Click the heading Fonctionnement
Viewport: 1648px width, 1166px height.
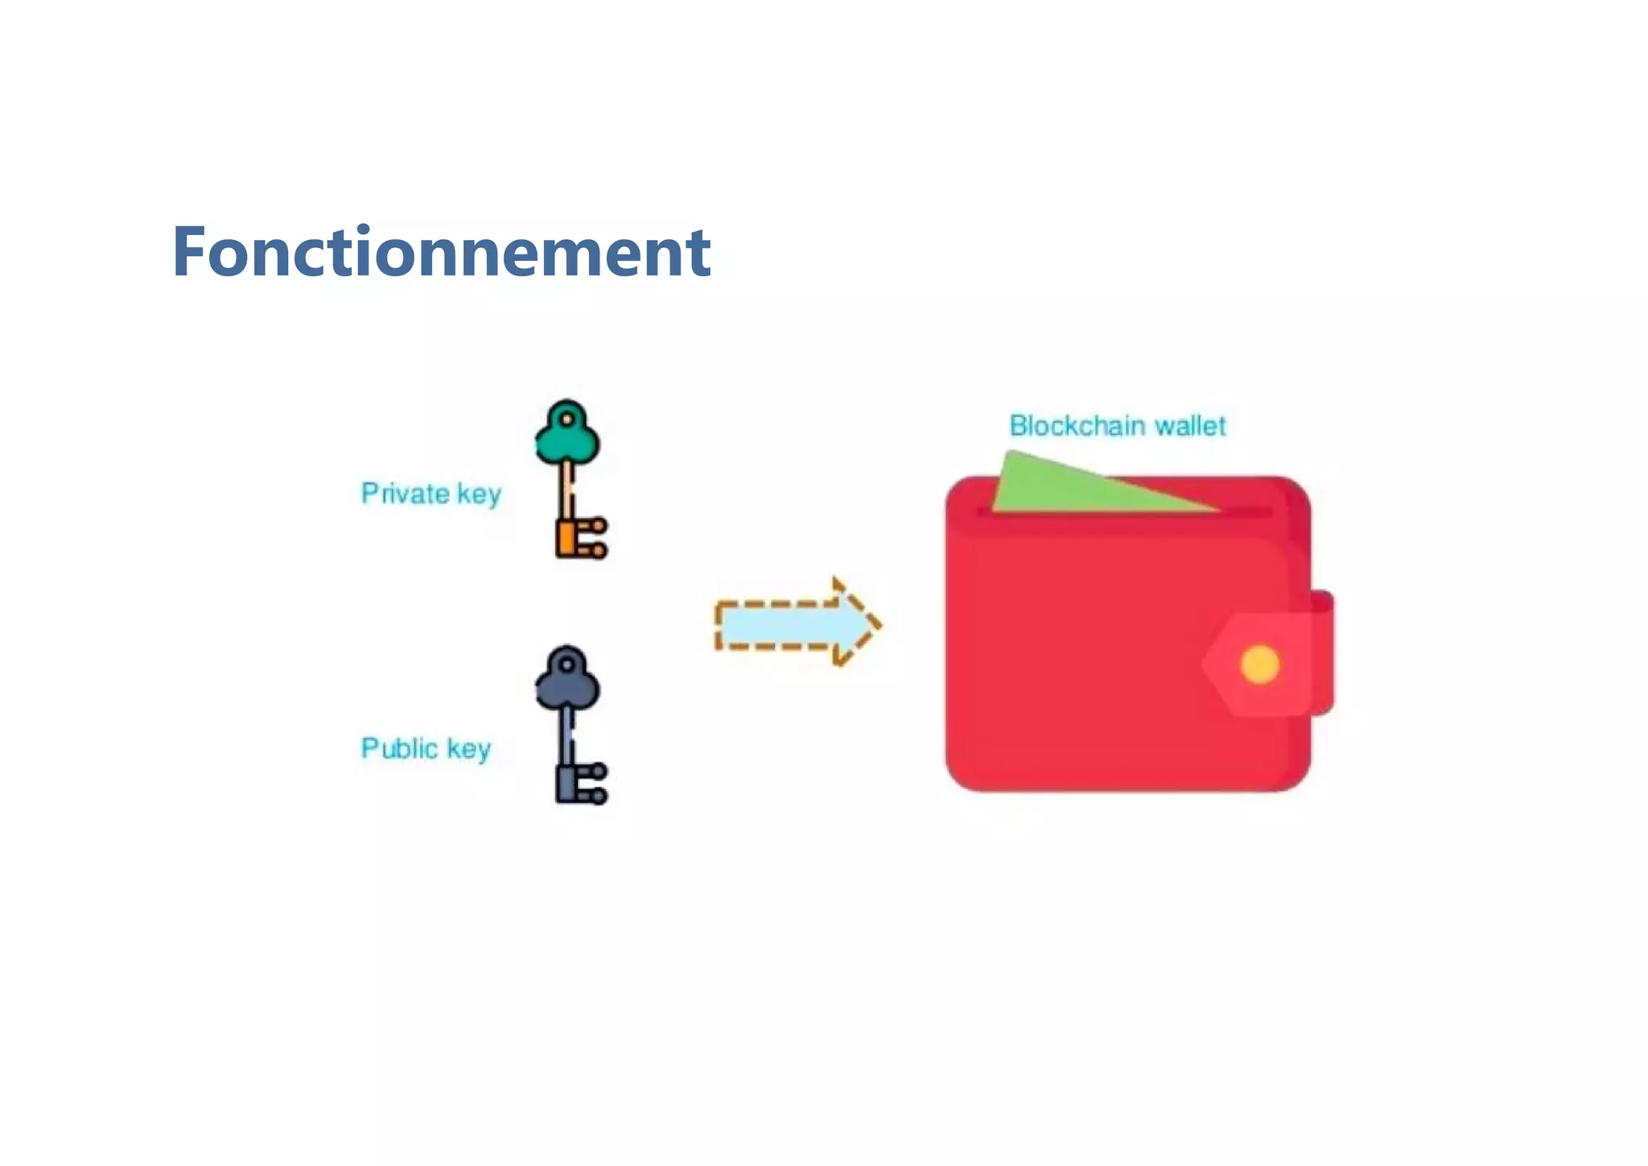[x=441, y=252]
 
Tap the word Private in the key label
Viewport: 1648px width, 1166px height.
[x=404, y=493]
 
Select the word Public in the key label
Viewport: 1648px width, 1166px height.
[x=399, y=748]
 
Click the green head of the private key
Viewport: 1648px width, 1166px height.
[x=567, y=438]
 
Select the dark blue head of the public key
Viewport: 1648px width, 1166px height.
[x=567, y=684]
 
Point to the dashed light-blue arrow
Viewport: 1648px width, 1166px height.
[x=785, y=624]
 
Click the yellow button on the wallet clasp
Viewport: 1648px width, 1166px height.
[x=1259, y=664]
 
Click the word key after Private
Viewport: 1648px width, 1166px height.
[x=479, y=494]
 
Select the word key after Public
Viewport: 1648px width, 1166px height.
[x=468, y=749]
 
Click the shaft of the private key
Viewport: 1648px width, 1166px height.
[x=568, y=491]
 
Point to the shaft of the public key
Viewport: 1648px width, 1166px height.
[x=568, y=737]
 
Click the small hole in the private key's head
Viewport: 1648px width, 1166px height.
[x=567, y=420]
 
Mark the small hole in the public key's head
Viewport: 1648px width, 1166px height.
[x=567, y=665]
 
